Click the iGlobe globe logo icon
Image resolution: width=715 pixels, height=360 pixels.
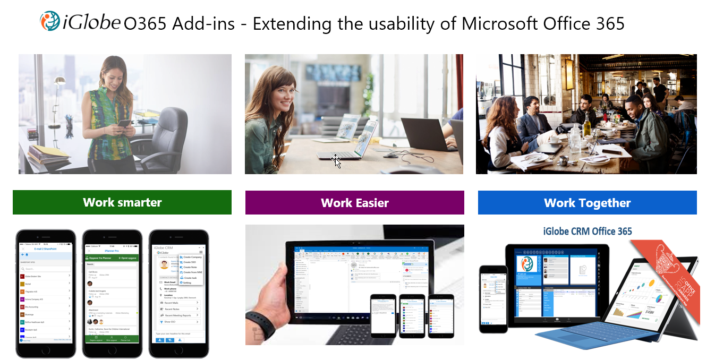[x=50, y=21]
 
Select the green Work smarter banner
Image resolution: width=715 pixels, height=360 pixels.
[x=122, y=202]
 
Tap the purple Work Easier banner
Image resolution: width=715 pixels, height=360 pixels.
[x=354, y=202]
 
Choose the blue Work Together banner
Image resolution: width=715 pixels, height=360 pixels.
[x=587, y=202]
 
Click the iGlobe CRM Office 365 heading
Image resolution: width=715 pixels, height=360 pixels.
[x=588, y=231]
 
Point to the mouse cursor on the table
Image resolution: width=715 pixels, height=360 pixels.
[x=336, y=160]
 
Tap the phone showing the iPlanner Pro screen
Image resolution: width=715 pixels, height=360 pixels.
[x=112, y=294]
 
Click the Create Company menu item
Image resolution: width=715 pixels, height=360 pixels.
[x=191, y=257]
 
